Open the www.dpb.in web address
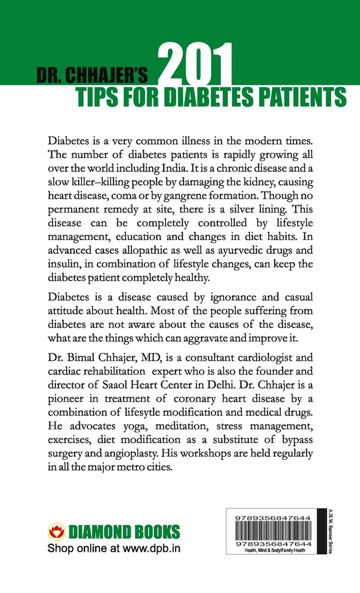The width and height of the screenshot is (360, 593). click(x=149, y=548)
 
